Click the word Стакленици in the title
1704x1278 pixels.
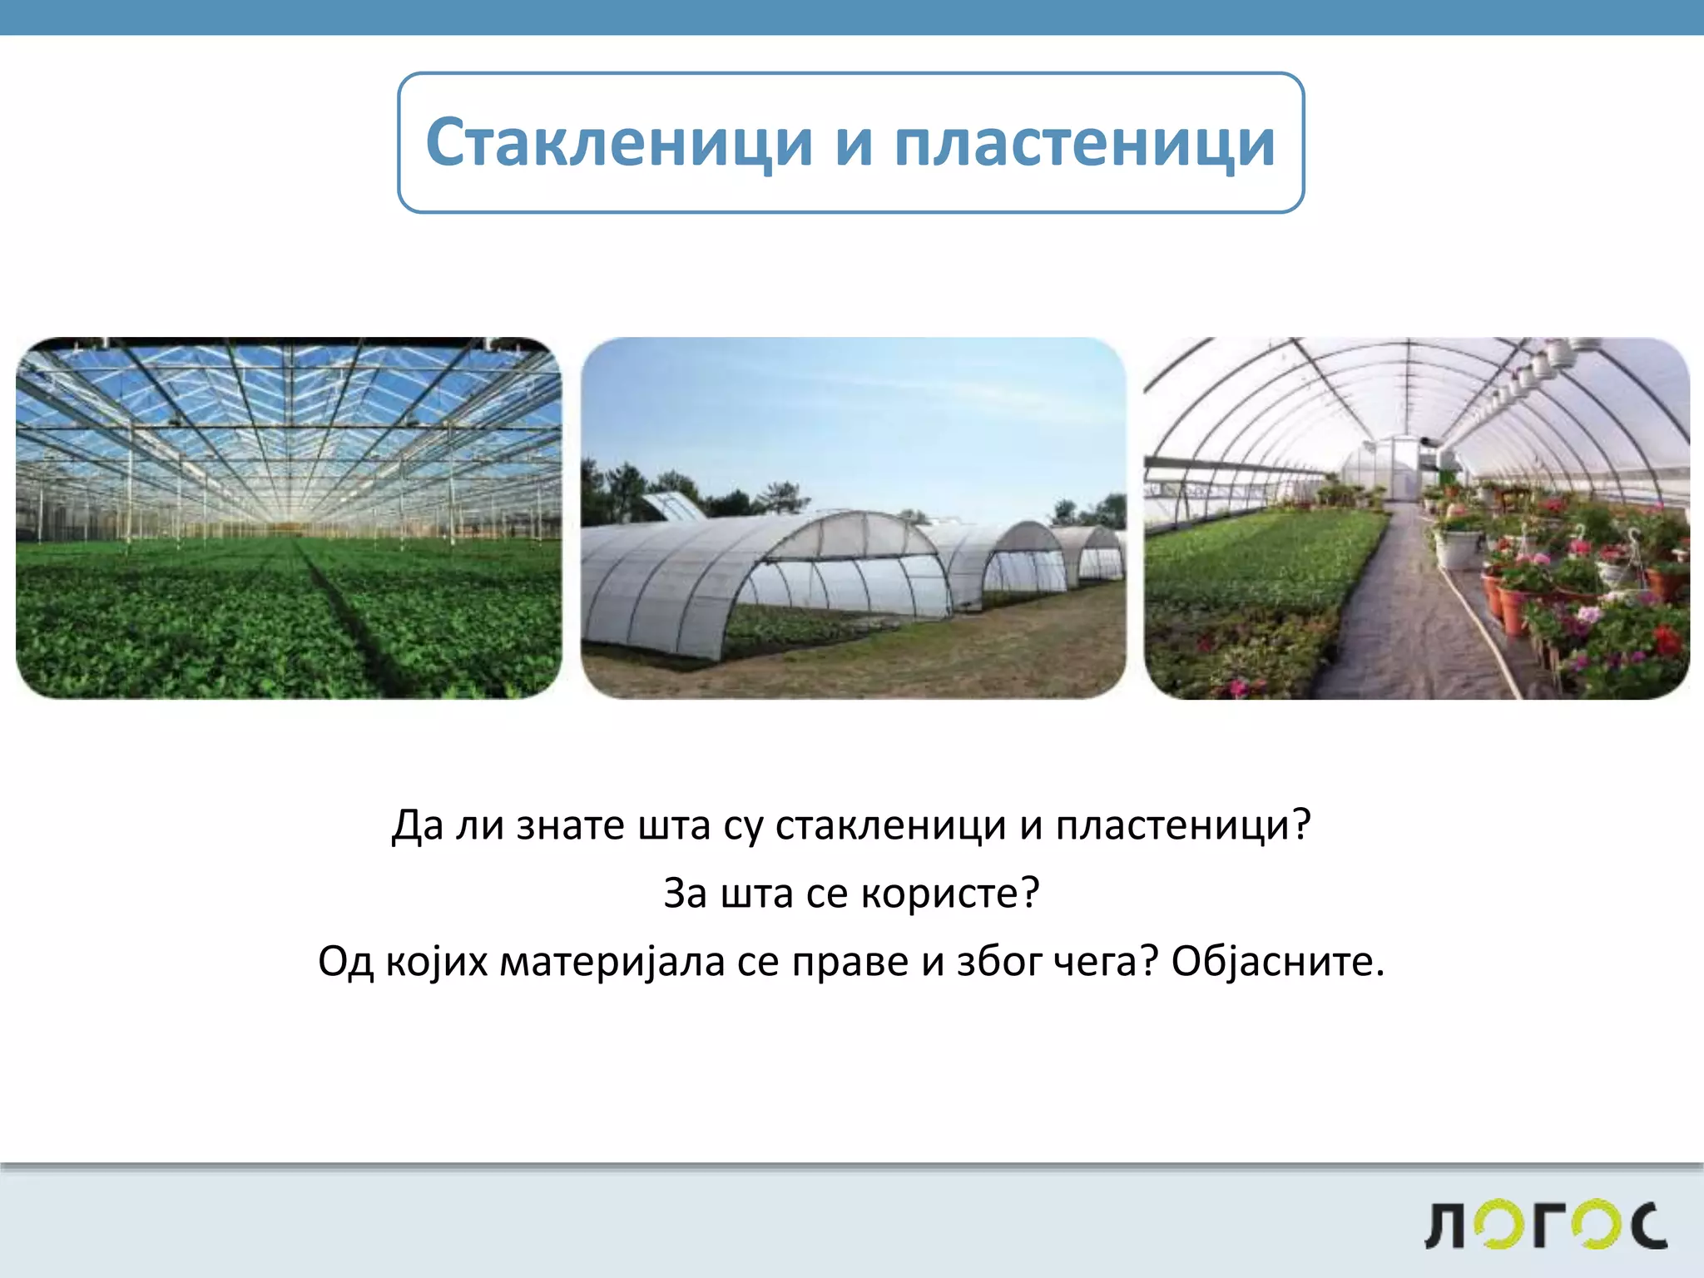[618, 142]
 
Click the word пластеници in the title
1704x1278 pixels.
[1084, 142]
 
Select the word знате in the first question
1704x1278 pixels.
[570, 825]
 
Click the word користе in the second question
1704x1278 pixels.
[949, 894]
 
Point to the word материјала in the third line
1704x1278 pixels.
[612, 962]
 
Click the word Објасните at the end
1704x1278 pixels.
[1277, 962]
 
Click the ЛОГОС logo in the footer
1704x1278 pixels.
[1546, 1225]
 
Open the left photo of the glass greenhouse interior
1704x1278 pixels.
[289, 518]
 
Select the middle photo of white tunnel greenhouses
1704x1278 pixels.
[853, 518]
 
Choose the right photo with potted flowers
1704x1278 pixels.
[1416, 518]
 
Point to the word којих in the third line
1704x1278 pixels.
[437, 962]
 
